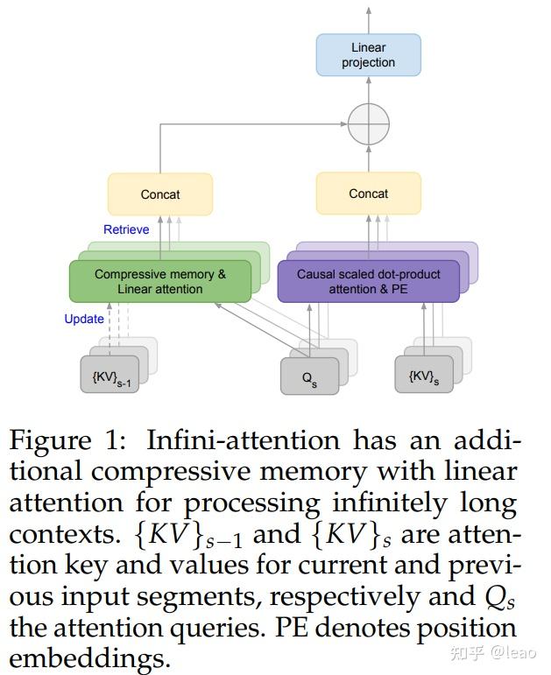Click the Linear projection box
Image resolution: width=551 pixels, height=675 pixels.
click(x=368, y=54)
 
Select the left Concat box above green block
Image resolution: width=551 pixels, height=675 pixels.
click(x=159, y=193)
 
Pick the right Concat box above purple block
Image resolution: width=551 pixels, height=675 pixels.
click(x=368, y=193)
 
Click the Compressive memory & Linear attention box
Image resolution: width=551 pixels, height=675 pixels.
click(x=159, y=281)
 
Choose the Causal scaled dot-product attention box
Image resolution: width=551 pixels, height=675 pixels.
click(x=368, y=281)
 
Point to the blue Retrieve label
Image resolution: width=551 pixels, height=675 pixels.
click(x=126, y=229)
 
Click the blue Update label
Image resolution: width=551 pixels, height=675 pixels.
click(x=84, y=319)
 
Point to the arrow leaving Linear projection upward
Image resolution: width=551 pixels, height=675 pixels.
click(x=368, y=18)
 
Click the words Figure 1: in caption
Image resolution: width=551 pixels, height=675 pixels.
click(x=70, y=439)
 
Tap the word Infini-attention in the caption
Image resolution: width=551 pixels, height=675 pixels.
click(x=244, y=439)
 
